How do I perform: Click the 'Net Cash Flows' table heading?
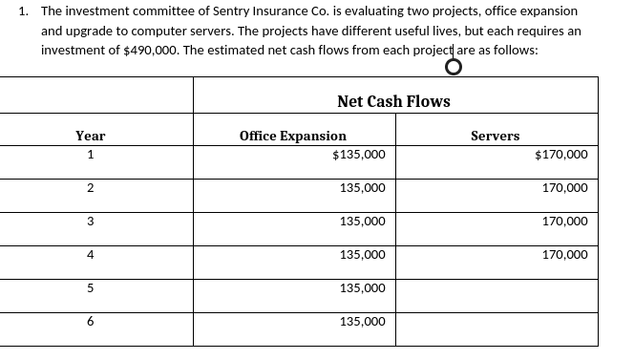[393, 101]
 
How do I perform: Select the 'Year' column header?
[90, 137]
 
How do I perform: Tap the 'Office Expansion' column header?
[293, 137]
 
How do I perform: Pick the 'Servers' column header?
[495, 137]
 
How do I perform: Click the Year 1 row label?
[90, 155]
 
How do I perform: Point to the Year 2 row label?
[90, 188]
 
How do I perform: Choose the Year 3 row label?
[90, 222]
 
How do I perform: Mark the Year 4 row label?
[90, 255]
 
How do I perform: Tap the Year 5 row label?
[90, 288]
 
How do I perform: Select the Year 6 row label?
[90, 322]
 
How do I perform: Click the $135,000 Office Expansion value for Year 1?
[359, 155]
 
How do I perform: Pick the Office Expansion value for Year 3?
[362, 222]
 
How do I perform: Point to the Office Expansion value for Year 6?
[362, 322]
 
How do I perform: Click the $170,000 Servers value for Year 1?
[561, 155]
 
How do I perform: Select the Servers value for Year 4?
[564, 255]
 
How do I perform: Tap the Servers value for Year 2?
[564, 188]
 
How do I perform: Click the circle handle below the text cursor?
[453, 66]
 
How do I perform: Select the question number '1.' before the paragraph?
[24, 11]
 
